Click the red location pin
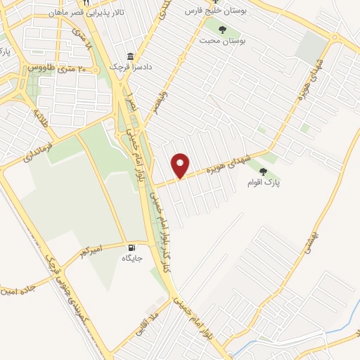click(x=181, y=165)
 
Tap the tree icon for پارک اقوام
click(x=263, y=171)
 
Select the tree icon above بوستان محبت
click(x=223, y=30)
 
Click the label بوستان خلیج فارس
click(x=219, y=11)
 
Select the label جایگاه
click(x=134, y=259)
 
